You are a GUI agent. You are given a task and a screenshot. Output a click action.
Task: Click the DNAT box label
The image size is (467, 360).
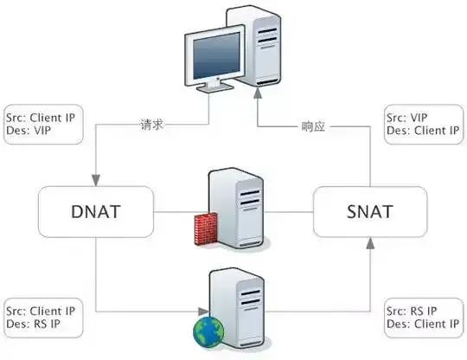pos(96,212)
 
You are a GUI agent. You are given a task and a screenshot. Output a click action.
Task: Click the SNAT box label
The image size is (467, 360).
pos(370,212)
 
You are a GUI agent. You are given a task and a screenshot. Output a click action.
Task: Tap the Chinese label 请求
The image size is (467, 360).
pos(152,125)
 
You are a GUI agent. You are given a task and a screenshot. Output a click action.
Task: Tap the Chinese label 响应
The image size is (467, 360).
pos(313,126)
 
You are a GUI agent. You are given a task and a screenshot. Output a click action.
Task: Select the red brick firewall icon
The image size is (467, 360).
pos(206,228)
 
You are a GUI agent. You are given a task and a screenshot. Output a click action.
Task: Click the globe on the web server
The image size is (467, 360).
pos(208,332)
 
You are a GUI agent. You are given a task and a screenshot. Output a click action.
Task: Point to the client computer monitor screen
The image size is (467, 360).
pos(216,55)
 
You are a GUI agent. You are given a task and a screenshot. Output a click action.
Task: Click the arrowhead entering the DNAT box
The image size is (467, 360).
pos(96,180)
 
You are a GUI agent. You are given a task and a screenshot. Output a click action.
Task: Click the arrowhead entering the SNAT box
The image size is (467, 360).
pos(370,243)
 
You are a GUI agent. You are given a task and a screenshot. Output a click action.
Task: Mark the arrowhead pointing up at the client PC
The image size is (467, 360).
pos(258,93)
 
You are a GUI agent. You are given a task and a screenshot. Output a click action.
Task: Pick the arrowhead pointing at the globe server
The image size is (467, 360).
pos(204,312)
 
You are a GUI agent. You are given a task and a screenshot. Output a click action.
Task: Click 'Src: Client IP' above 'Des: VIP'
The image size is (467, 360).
pos(41,118)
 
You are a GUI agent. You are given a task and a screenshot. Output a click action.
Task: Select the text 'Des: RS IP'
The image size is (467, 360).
pos(34,324)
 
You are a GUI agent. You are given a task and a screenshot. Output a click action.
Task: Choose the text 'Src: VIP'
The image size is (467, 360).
pos(406,118)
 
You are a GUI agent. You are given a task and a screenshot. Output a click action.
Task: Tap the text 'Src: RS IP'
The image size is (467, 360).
pos(412,312)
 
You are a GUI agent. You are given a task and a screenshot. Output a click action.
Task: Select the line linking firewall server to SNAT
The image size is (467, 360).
pos(289,212)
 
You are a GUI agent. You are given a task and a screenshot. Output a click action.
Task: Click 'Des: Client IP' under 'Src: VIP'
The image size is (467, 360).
pos(423,131)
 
